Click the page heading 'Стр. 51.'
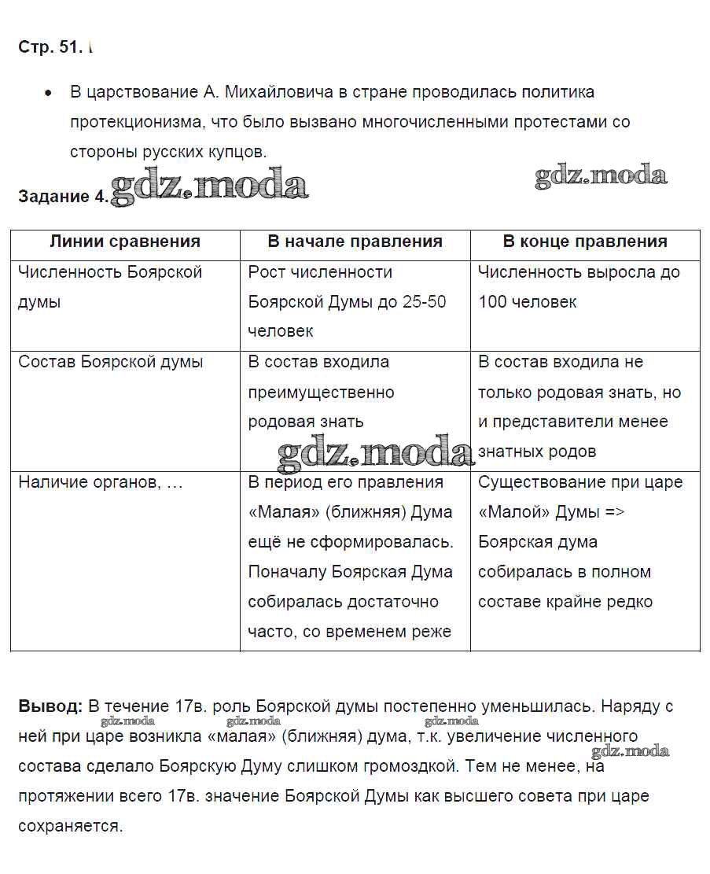pos(50,47)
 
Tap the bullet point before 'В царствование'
pos(49,93)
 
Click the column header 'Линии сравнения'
pos(125,242)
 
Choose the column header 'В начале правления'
pos(355,242)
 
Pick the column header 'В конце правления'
pos(585,242)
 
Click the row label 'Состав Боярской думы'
pos(111,362)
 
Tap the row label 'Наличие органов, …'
pos(101,482)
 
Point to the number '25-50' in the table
pos(424,302)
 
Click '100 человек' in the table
pos(527,302)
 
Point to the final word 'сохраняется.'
pos(71,826)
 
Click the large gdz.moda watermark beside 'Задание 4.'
pos(209,186)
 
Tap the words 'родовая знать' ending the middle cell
pos(306,422)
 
